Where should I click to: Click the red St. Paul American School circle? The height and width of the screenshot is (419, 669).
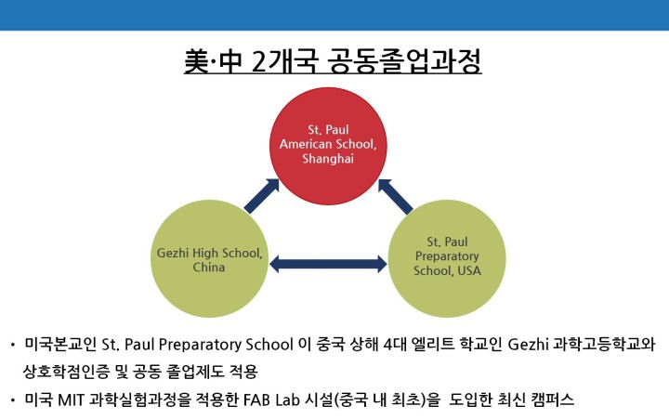pos(328,146)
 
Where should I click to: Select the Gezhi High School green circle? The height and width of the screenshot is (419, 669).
pos(209,258)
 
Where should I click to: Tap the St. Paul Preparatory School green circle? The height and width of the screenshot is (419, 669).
pos(447,258)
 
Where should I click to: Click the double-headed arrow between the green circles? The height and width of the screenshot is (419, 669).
pos(328,264)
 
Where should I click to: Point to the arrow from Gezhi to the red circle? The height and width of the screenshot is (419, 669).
pos(261,196)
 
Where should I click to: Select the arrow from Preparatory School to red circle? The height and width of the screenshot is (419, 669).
pos(396,196)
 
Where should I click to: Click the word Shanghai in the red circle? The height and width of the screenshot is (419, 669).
pos(328,159)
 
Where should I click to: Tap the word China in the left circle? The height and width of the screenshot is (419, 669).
pos(209,268)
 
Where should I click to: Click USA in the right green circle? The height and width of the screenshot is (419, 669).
pos(469,270)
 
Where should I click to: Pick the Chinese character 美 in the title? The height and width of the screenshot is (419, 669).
pos(197,61)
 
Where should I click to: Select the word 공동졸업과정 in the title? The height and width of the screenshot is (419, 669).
pos(404,61)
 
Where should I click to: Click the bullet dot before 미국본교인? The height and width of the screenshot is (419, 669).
pos(13,345)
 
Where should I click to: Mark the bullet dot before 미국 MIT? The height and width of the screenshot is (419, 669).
pos(13,400)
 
